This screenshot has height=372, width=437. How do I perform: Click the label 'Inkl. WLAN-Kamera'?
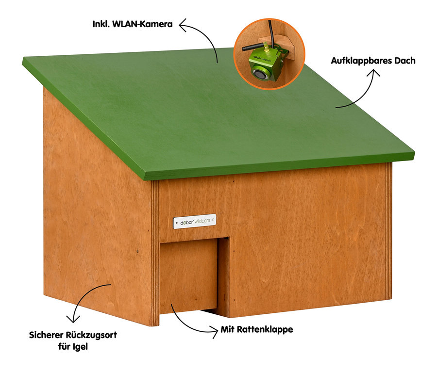click(133, 24)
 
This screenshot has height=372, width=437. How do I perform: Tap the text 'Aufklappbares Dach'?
click(373, 61)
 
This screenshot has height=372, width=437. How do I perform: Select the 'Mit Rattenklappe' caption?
click(257, 330)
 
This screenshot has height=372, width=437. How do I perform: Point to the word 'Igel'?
click(80, 347)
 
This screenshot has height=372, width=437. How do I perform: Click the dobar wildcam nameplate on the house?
click(195, 221)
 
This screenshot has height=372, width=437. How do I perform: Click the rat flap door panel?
click(188, 275)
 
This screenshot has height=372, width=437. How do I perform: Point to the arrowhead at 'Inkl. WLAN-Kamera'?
click(183, 25)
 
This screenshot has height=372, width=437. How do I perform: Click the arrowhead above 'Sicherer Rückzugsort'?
click(73, 319)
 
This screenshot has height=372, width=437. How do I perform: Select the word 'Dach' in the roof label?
click(406, 61)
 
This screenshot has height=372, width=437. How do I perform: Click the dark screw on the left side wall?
click(137, 251)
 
